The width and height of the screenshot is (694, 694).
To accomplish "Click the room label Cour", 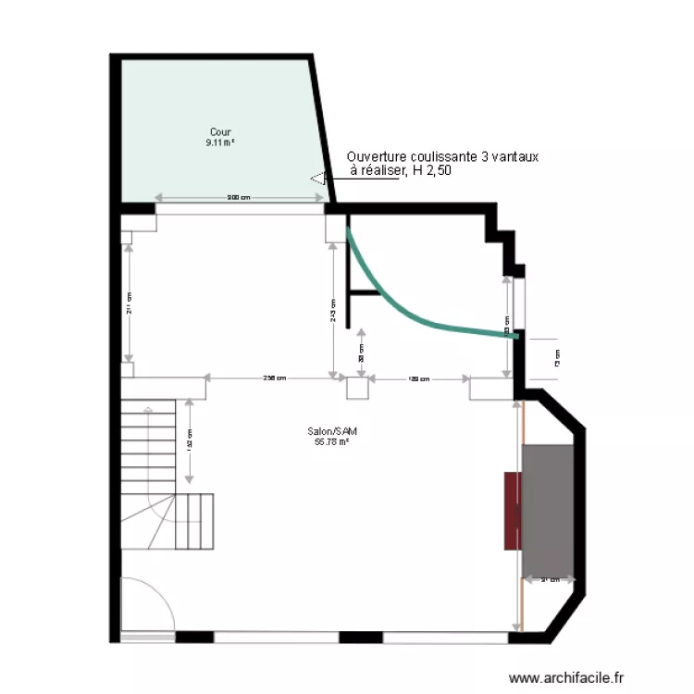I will tap(220, 132).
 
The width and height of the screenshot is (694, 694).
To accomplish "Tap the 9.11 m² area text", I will tap(220, 143).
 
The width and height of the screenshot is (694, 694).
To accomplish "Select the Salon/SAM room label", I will tap(331, 431).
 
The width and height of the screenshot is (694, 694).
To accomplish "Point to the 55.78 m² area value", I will tap(331, 441).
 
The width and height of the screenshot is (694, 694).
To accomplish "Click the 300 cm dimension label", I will tap(239, 197).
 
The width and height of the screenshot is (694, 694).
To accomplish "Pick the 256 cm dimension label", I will tap(274, 378).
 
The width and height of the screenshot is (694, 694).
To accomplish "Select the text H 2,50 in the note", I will tap(431, 171).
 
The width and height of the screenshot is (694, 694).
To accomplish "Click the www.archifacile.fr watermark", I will tap(567, 678).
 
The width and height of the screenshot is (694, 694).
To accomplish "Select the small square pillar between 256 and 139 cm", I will tap(357, 389).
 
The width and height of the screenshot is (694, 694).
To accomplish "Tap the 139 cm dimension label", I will tap(419, 378).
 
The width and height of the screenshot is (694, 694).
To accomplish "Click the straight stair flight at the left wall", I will tap(148, 444).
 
